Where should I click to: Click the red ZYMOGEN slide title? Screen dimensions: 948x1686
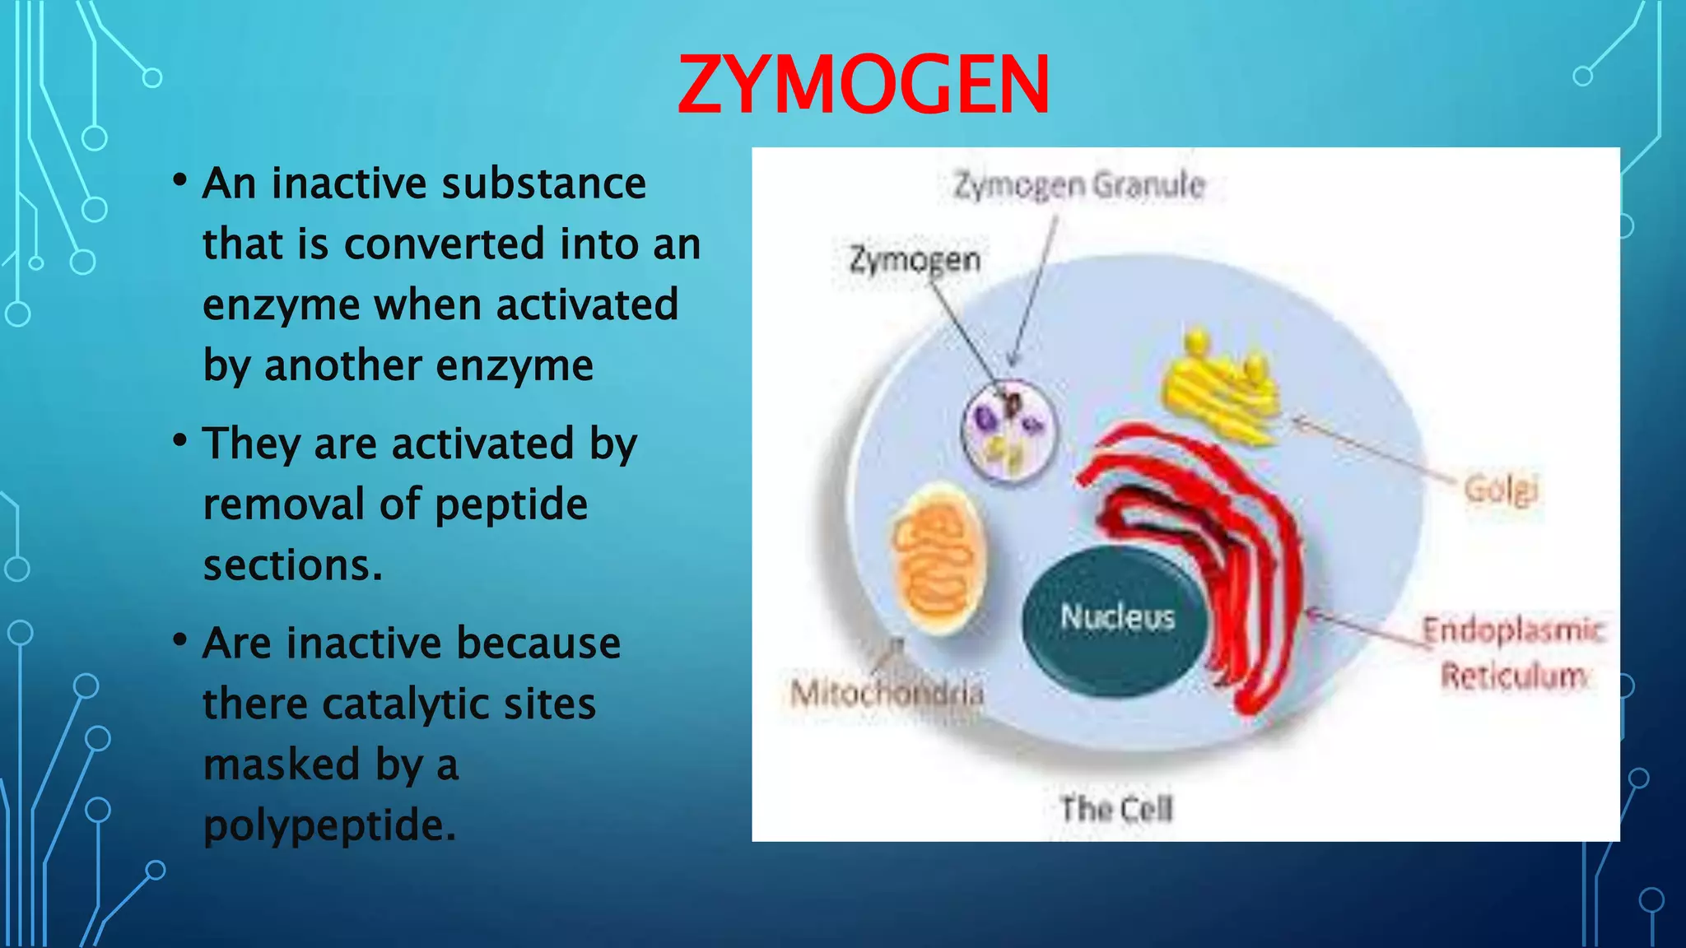point(863,85)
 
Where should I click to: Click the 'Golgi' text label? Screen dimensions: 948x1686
point(1500,490)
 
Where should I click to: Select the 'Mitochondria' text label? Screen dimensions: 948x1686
point(887,694)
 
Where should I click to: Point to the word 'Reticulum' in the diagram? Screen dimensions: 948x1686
point(1513,676)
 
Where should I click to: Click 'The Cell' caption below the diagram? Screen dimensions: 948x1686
point(1116,810)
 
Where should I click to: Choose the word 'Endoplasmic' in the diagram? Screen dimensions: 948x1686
point(1513,631)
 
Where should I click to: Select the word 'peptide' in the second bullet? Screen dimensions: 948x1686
point(511,504)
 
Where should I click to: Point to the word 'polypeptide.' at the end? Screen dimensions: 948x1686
point(329,825)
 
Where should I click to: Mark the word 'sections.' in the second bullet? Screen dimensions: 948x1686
point(293,565)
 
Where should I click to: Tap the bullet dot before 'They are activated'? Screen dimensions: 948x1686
point(180,441)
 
